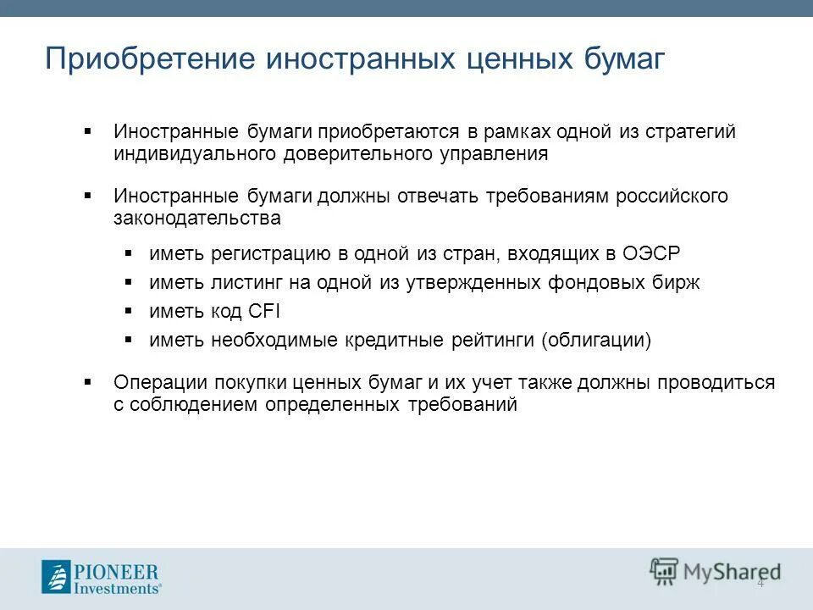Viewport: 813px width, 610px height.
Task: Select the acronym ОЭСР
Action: (x=651, y=253)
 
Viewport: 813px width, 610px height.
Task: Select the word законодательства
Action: (x=196, y=218)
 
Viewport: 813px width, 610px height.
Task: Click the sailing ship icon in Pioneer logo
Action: (x=56, y=576)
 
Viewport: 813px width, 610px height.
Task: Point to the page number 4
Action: (x=760, y=582)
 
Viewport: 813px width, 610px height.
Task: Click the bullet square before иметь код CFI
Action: (x=129, y=311)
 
